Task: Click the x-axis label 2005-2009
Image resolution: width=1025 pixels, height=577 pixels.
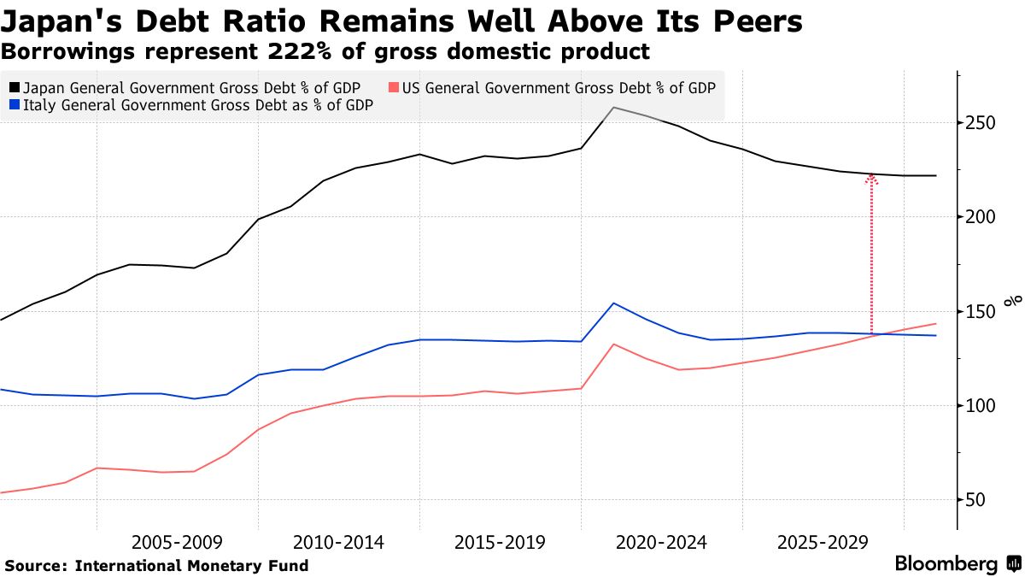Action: pyautogui.click(x=177, y=543)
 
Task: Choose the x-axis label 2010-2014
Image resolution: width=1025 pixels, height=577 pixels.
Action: pyautogui.click(x=338, y=543)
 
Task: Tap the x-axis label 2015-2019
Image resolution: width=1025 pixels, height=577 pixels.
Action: pyautogui.click(x=500, y=543)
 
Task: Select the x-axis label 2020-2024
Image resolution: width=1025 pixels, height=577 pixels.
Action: pyautogui.click(x=661, y=543)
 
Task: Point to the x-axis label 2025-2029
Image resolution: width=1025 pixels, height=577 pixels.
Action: pyautogui.click(x=823, y=543)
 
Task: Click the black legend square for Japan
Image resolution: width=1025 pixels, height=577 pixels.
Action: pyautogui.click(x=15, y=88)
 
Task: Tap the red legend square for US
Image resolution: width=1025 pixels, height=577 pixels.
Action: pyautogui.click(x=394, y=88)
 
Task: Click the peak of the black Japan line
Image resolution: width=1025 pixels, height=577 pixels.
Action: pyautogui.click(x=613, y=108)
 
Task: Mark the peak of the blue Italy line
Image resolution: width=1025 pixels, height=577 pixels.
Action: pyautogui.click(x=613, y=303)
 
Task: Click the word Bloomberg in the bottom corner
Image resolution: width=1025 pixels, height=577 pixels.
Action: pyautogui.click(x=946, y=564)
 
